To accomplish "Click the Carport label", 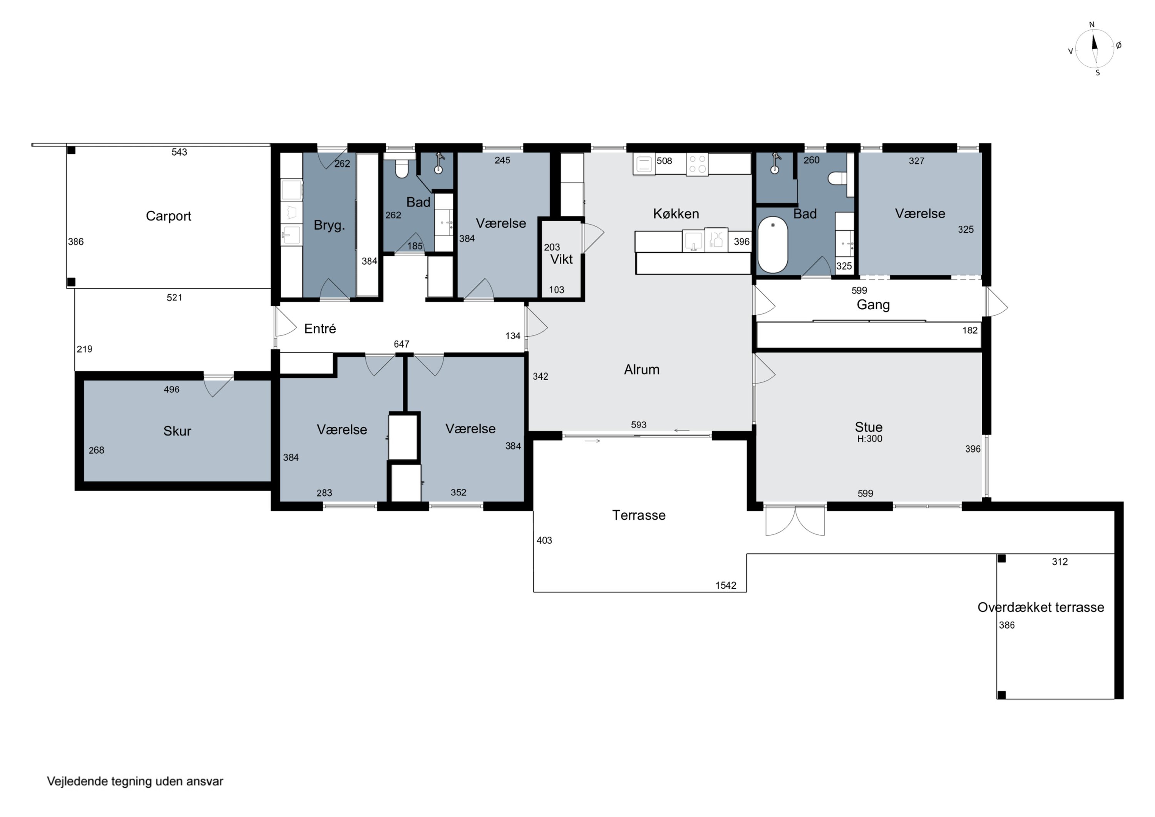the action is pos(169,216).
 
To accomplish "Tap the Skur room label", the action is pos(177,431).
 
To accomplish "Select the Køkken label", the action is pos(676,213).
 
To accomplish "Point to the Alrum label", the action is pos(641,369).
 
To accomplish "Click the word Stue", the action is pos(868,427).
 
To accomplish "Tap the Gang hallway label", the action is pos(873,305).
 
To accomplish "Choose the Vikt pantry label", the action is pos(561,259).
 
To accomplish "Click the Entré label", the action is pos(320,329).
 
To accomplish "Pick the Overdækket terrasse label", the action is pos(1040,607).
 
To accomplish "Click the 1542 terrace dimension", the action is pos(725,585).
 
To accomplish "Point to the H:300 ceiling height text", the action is pos(870,438).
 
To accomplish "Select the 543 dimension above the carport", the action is pos(179,152).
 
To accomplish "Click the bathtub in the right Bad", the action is pos(772,245).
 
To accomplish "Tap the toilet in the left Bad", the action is pos(402,168).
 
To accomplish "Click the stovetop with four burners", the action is pos(697,164).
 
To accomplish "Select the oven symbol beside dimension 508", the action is pos(644,164).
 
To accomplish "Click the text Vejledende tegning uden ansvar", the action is pos(135,781).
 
